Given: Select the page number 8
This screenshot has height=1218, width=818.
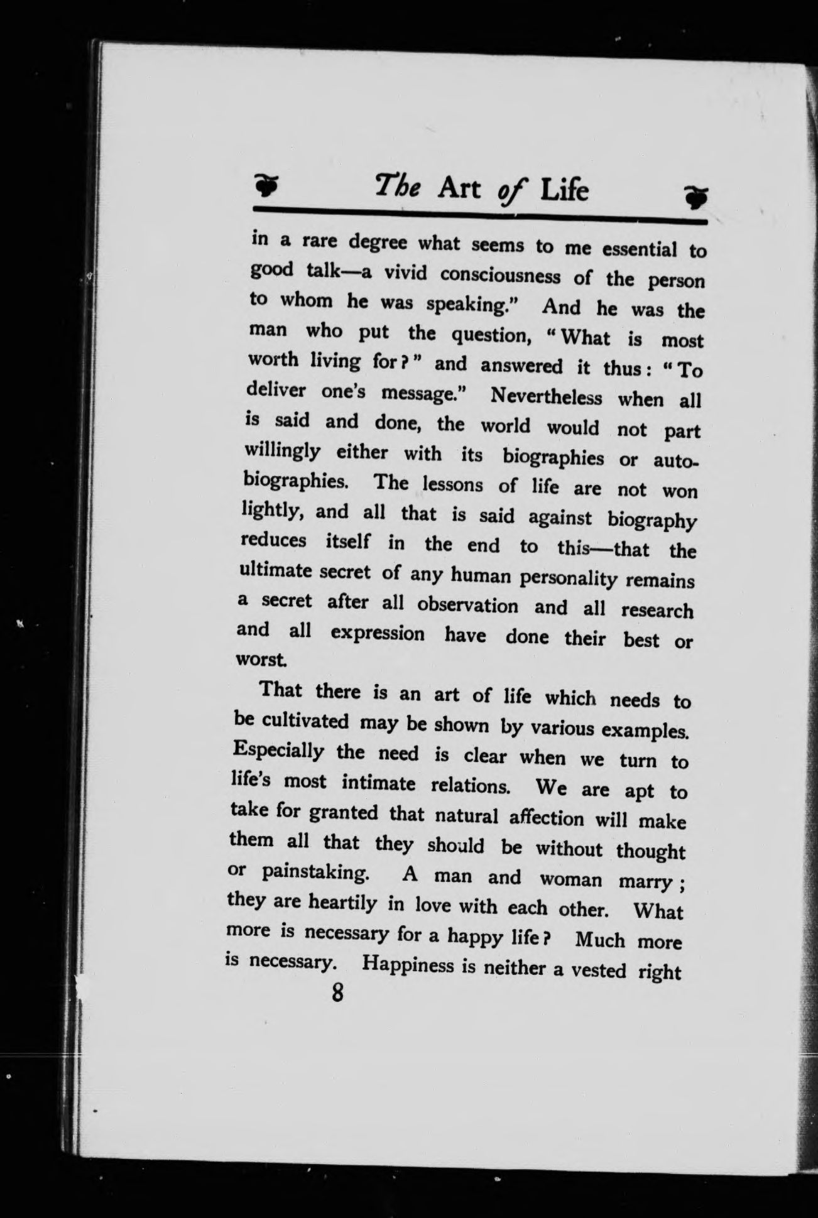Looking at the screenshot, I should [338, 993].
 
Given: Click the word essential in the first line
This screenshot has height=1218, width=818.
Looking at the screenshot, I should [639, 249].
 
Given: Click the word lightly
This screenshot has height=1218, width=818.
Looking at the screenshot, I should [273, 512].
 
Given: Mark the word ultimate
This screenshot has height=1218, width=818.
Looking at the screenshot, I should [275, 571].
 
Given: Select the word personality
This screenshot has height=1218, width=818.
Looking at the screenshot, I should [569, 577].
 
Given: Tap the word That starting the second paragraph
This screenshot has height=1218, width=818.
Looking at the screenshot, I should [281, 690].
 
